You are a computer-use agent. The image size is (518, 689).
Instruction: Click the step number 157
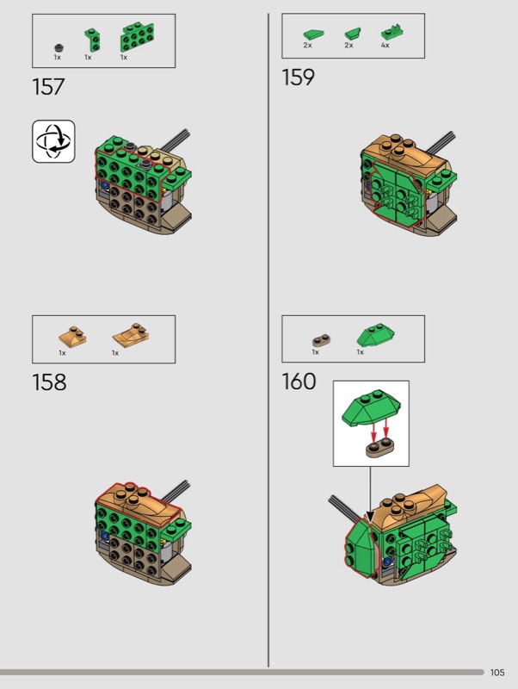coord(48,87)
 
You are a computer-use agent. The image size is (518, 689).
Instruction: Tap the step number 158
coord(49,382)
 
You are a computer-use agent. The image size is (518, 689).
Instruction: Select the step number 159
coord(298,77)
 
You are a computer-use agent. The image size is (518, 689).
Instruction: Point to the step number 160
coord(299,381)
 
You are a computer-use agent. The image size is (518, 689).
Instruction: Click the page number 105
coord(497,673)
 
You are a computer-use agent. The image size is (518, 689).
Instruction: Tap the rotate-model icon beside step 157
coord(53,141)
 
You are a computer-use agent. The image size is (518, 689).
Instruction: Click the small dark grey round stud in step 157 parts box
coord(59,48)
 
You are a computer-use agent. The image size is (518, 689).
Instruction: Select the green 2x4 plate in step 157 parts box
coord(137,37)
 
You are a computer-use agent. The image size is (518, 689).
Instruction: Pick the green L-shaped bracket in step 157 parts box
coord(92,40)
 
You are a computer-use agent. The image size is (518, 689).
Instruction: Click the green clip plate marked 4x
coord(392,33)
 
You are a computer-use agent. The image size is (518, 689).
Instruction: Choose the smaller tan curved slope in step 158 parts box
coord(73,336)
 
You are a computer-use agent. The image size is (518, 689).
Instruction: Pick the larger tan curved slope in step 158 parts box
coord(131,335)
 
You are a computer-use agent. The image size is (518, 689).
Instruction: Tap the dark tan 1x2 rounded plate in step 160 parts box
coord(321,340)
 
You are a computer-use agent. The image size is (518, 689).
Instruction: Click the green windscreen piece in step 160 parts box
coord(376,335)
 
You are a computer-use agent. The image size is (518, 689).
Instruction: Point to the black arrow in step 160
coord(370,494)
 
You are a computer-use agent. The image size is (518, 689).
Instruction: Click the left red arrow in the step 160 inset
coord(373,431)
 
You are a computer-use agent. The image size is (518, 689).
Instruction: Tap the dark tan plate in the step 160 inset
coord(380,448)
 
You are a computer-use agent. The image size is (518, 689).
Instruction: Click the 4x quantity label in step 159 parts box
coord(385,46)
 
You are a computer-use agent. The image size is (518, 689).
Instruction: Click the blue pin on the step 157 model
coord(105,186)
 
